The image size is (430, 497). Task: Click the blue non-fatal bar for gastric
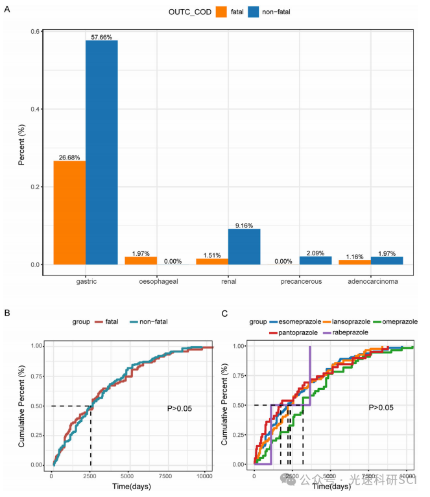pyautogui.click(x=101, y=152)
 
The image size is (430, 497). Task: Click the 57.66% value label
pyautogui.click(x=102, y=37)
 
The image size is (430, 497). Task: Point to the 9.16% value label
pyautogui.click(x=245, y=225)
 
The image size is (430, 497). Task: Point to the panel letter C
pyautogui.click(x=224, y=314)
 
